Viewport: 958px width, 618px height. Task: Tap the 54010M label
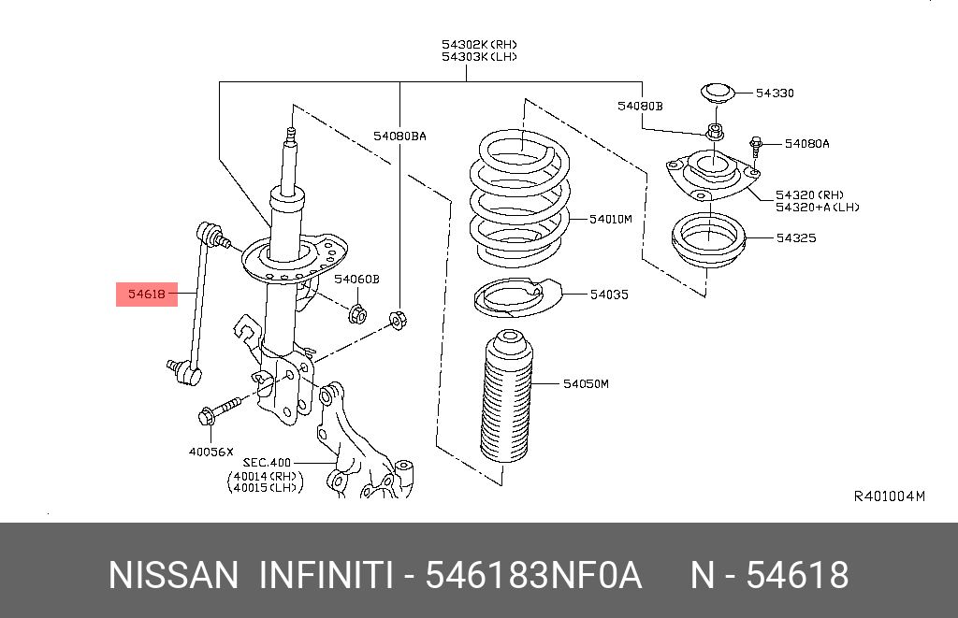[611, 219]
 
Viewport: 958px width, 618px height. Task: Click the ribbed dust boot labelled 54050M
[506, 402]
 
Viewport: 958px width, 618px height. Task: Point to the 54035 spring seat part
[510, 297]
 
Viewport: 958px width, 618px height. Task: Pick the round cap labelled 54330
[716, 93]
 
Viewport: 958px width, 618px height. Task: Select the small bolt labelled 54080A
[756, 146]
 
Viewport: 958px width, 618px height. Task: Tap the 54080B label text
[639, 107]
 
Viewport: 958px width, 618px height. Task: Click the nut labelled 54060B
[356, 312]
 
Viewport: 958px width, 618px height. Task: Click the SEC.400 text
[269, 462]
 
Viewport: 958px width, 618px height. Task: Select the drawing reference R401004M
[889, 496]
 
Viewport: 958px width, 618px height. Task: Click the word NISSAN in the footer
[173, 575]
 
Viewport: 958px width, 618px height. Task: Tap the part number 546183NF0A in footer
[533, 575]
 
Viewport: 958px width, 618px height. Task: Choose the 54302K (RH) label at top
[480, 44]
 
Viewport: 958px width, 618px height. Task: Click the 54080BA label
[399, 136]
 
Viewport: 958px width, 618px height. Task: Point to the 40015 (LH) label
[263, 486]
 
